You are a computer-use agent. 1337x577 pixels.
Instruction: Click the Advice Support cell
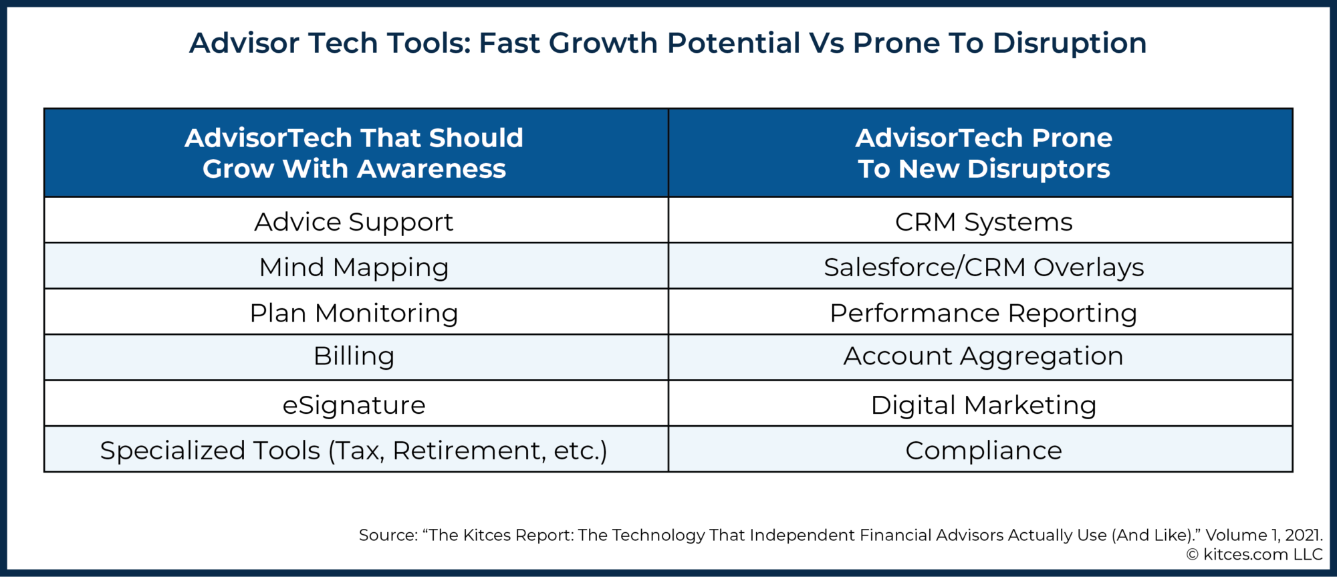point(354,222)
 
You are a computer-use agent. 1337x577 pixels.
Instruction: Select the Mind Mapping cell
point(354,267)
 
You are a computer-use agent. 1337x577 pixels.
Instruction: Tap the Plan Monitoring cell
point(354,313)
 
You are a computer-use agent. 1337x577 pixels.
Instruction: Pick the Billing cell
point(354,356)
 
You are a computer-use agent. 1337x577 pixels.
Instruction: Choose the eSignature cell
point(354,405)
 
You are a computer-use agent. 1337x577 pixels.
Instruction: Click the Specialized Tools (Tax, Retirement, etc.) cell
point(354,451)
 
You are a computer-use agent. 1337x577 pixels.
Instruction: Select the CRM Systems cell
point(983,222)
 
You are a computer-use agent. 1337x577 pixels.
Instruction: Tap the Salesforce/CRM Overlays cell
point(983,267)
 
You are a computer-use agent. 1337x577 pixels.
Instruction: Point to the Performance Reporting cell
point(983,313)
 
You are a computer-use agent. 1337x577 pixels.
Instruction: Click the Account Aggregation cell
point(983,356)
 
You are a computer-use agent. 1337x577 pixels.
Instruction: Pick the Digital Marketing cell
point(983,405)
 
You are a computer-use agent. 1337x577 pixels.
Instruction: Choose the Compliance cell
point(983,451)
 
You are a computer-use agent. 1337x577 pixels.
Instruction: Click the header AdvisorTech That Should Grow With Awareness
point(354,153)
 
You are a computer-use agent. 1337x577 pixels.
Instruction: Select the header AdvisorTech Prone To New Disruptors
point(983,153)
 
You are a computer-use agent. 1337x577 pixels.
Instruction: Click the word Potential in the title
point(733,43)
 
